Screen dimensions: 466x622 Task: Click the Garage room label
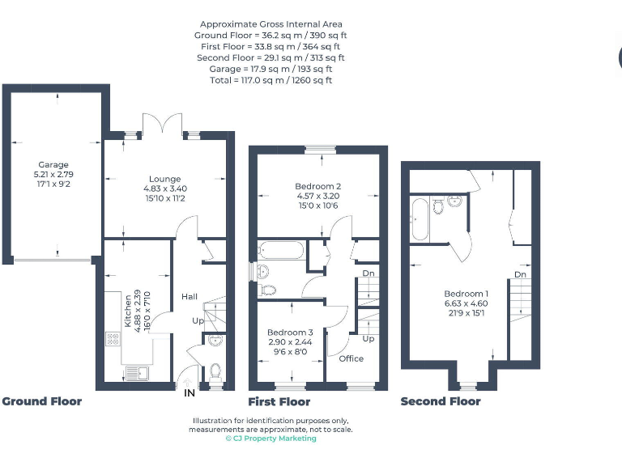(53, 165)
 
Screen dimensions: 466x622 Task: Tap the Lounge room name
(164, 179)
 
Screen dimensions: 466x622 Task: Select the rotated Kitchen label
(127, 309)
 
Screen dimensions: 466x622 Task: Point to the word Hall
(189, 297)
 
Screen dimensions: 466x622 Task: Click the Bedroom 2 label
(317, 186)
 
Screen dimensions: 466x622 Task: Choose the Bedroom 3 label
(290, 333)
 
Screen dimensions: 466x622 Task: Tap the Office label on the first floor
(351, 358)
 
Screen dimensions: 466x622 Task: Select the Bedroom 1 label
(466, 294)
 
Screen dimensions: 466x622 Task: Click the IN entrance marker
(189, 394)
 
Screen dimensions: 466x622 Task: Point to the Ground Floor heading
(41, 401)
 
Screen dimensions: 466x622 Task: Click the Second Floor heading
(440, 401)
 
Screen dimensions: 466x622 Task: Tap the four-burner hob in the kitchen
(112, 340)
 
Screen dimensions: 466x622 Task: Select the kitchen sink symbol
(135, 374)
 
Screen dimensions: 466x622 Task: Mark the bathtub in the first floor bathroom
(280, 250)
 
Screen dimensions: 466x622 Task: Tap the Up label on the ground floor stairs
(198, 321)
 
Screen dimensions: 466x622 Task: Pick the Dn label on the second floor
(520, 275)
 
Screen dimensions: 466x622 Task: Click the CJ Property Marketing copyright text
(271, 438)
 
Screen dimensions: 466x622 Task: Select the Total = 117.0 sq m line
(271, 80)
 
